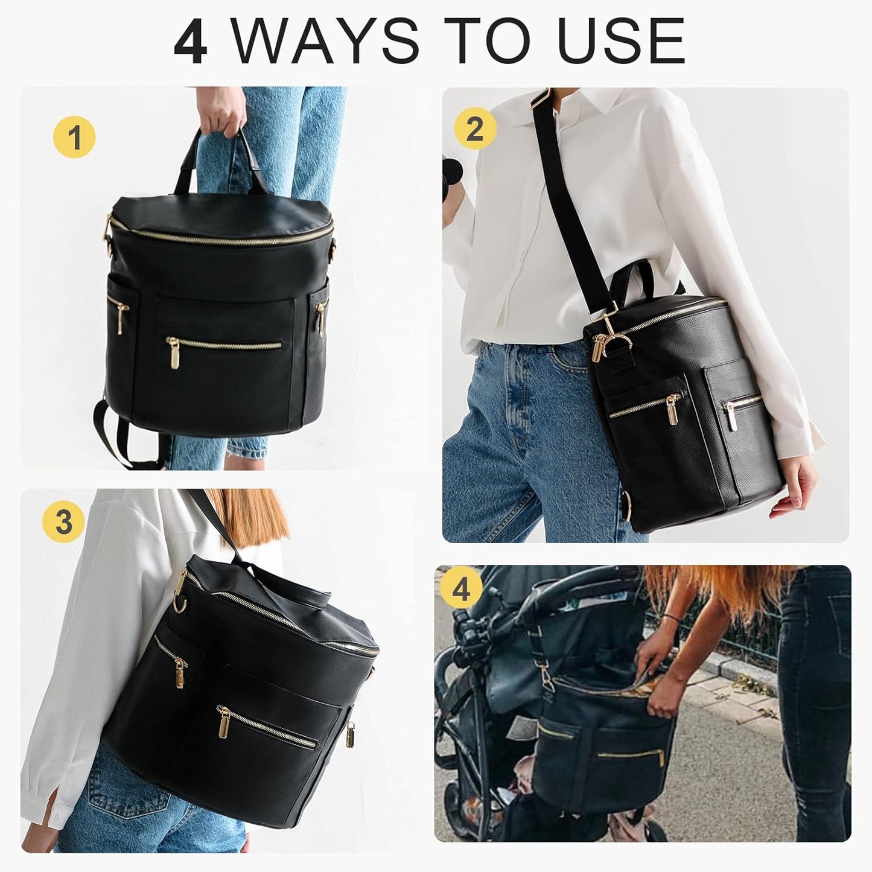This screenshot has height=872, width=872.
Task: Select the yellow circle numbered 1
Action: tap(74, 138)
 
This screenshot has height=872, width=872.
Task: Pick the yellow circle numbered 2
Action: tap(475, 129)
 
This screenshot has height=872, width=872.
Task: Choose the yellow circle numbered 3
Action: tap(63, 521)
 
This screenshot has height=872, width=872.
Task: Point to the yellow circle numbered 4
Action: tap(460, 590)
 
